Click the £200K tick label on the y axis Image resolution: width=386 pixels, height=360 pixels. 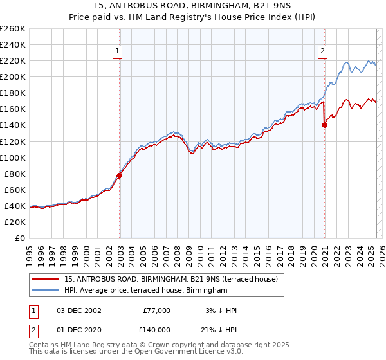click(12, 76)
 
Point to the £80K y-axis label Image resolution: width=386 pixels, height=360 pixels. click(14, 174)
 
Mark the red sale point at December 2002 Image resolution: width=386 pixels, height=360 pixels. click(120, 175)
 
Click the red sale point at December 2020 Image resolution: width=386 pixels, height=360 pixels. click(324, 125)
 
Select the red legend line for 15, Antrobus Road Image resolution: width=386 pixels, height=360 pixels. click(45, 279)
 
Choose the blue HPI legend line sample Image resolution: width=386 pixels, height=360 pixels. click(45, 290)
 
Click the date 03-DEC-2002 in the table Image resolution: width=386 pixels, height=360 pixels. click(78, 310)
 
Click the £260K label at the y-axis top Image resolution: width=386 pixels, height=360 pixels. click(12, 28)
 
